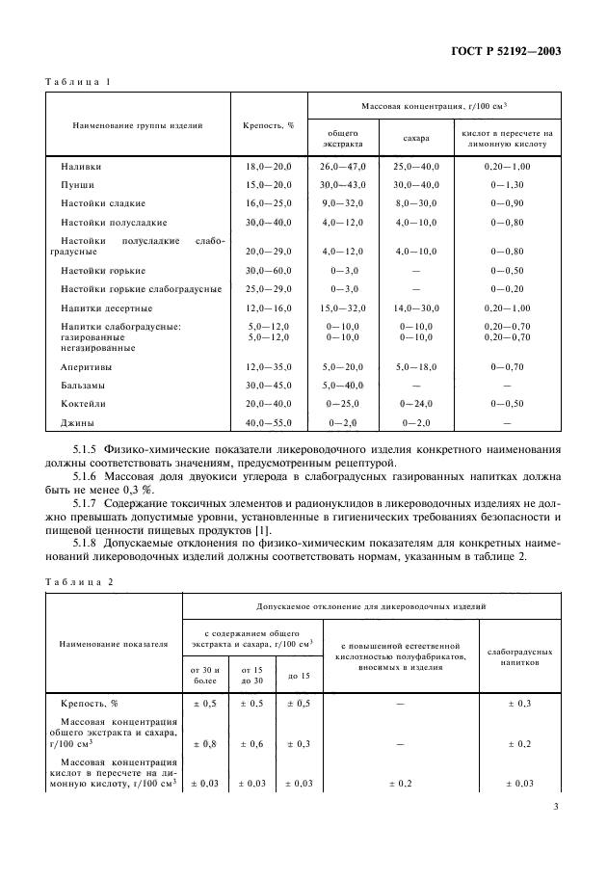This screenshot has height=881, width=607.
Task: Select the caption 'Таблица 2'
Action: (78, 582)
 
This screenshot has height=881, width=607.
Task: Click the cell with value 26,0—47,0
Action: (343, 167)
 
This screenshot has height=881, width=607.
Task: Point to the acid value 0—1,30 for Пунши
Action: (510, 185)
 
